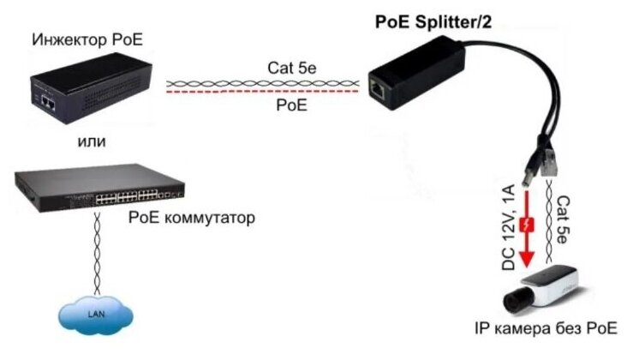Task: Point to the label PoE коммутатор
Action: tap(191, 218)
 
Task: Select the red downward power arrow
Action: tap(528, 226)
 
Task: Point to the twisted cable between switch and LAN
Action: tap(96, 253)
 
